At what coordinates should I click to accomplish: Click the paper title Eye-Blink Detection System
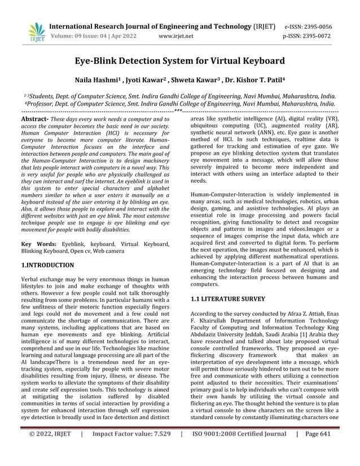(180, 61)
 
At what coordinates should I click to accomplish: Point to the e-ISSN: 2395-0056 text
(315, 27)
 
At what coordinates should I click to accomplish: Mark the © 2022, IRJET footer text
(50, 450)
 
